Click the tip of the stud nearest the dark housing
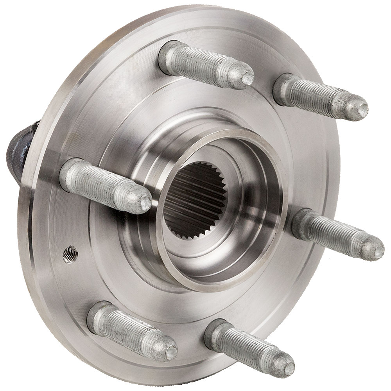(x=145, y=202)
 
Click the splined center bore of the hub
(x=190, y=203)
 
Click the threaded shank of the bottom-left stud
(x=133, y=332)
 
